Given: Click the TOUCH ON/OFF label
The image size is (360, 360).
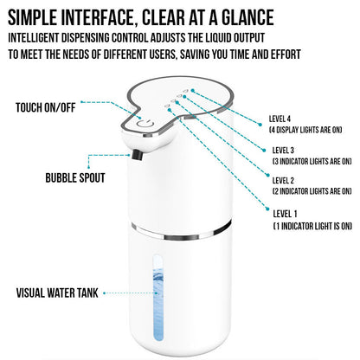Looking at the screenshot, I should (x=46, y=108).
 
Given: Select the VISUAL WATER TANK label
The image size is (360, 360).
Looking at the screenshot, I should (x=55, y=292).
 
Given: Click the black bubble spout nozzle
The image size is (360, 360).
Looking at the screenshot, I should (x=136, y=156).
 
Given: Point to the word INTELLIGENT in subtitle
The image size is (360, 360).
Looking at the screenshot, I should (x=42, y=38).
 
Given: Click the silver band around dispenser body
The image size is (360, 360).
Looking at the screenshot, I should (x=182, y=230).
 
